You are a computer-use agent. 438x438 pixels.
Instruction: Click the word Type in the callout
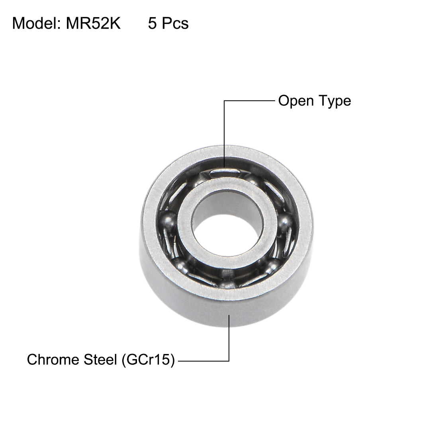[x=333, y=101]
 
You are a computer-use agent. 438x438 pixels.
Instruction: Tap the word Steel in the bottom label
[x=98, y=360]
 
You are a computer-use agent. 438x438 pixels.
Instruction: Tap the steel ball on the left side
[x=166, y=220]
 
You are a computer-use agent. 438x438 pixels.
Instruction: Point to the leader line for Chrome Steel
[x=229, y=342]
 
